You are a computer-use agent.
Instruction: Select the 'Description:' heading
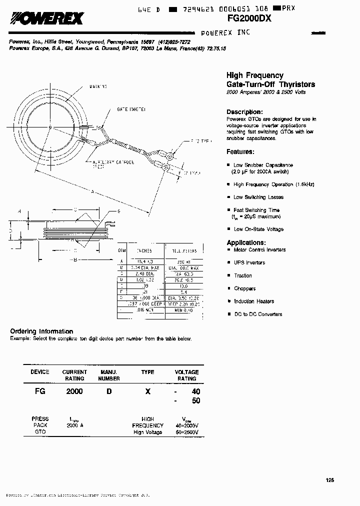[x=244, y=112]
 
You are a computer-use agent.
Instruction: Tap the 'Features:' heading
[x=240, y=151]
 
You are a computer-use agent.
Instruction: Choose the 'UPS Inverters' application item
[x=249, y=262]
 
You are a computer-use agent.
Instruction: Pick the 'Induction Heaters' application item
[x=254, y=301]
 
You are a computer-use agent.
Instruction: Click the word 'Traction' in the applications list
[x=243, y=275]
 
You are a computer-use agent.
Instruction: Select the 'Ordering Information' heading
[x=41, y=331]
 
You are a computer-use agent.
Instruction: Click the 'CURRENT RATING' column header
[x=74, y=375]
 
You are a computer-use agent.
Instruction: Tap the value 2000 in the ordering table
[x=74, y=391]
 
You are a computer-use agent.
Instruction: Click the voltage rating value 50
[x=195, y=401]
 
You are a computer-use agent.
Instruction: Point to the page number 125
[x=329, y=480]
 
